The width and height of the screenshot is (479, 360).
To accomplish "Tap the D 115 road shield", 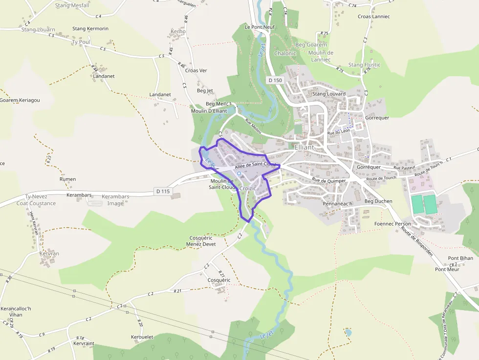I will (163, 191).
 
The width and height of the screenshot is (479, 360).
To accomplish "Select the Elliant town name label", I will (304, 147).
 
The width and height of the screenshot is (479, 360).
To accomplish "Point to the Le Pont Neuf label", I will (259, 27).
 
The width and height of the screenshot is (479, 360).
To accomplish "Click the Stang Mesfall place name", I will (72, 5).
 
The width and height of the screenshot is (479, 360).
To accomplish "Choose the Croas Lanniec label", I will (373, 17).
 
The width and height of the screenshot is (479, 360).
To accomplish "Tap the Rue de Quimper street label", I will (328, 181).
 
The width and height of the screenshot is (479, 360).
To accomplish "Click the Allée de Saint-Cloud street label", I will (255, 166).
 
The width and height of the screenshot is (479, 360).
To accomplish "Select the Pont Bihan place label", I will (460, 258).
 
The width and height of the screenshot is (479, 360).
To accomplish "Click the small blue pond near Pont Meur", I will (348, 333).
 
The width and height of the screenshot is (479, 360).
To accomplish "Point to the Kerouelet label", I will (142, 337).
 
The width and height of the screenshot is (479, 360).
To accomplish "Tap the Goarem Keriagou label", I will (20, 100).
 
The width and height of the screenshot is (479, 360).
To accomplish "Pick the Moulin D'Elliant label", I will (209, 111).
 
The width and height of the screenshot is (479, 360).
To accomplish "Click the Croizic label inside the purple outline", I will (248, 188).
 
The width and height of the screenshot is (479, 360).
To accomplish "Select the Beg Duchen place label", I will (378, 201).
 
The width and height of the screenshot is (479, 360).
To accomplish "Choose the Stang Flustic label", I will (364, 65).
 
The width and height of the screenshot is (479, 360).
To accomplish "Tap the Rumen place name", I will (67, 179).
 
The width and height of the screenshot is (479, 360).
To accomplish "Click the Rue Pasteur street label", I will (404, 168).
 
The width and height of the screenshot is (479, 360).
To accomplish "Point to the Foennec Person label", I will (392, 224).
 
